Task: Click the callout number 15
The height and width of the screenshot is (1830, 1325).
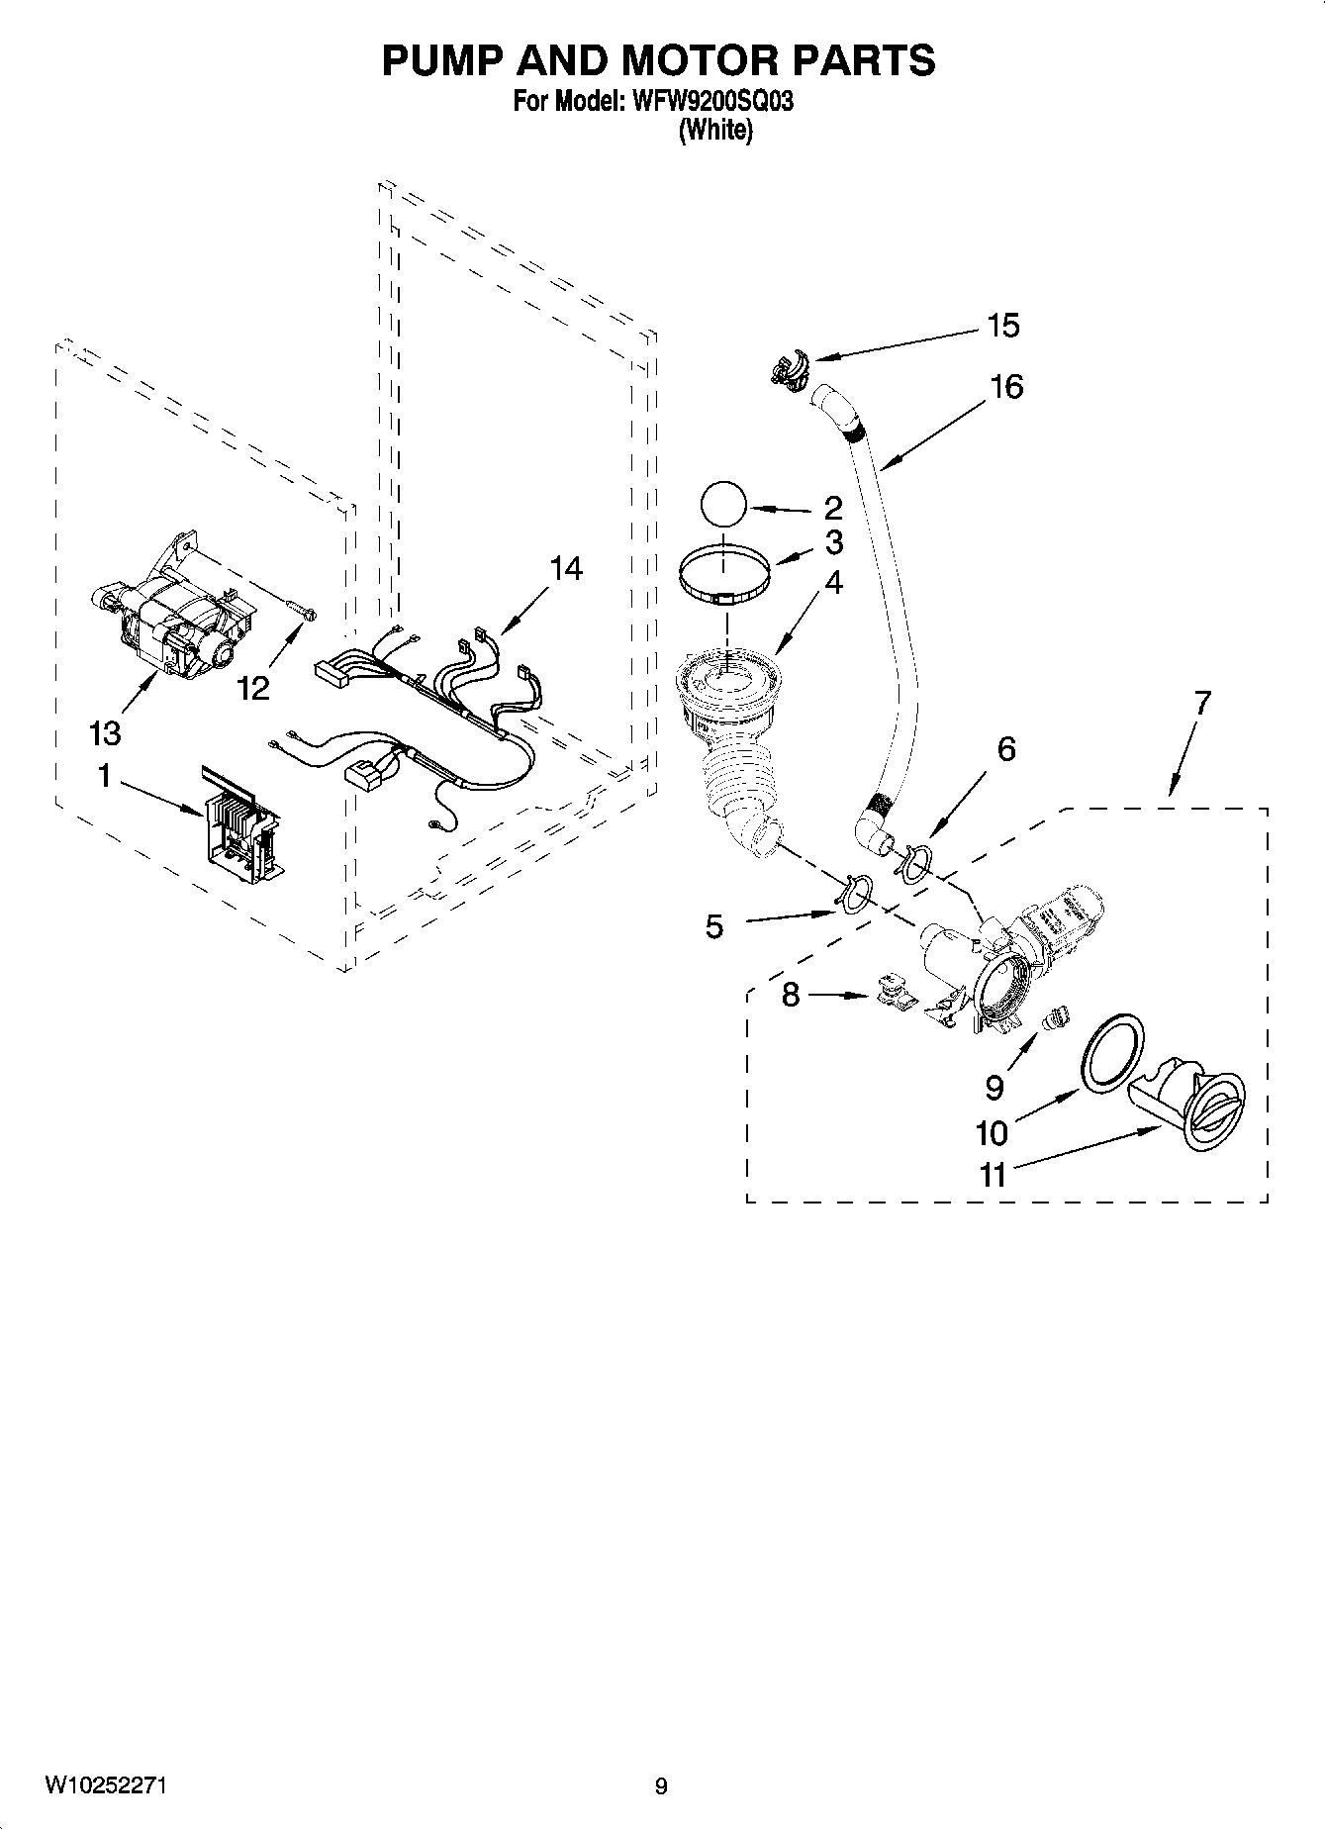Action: pos(1002,326)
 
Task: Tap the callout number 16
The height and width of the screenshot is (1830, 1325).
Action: pos(1005,386)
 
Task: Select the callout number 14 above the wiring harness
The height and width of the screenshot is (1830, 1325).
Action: pos(566,569)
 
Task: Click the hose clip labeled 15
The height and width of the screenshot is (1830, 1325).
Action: pos(788,367)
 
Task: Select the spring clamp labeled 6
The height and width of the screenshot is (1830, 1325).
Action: pos(914,859)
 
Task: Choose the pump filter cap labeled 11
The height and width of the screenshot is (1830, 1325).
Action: pos(1187,1107)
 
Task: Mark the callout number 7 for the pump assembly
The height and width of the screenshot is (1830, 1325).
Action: pos(1201,705)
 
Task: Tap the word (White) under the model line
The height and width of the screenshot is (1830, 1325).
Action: pos(714,131)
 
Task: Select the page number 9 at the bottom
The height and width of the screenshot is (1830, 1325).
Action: pos(660,1786)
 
